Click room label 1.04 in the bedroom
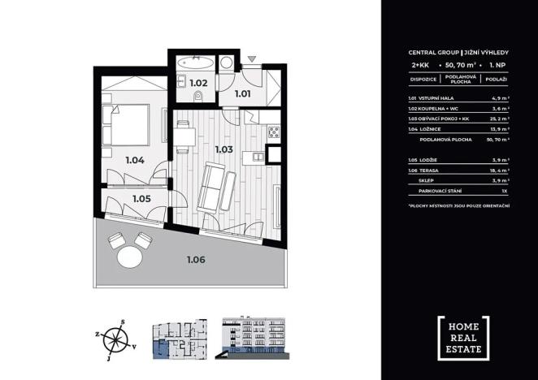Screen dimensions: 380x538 (x=135, y=159)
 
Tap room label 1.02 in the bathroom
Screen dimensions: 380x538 (x=197, y=82)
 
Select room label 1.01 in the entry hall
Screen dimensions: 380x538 (x=242, y=93)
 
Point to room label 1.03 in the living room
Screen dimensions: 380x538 (x=224, y=149)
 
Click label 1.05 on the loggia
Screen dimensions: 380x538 (x=142, y=197)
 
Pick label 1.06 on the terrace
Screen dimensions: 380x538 (x=195, y=261)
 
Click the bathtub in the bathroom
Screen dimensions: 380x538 (x=197, y=61)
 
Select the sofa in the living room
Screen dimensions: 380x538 (x=215, y=185)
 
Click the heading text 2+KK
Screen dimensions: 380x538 (x=419, y=63)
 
